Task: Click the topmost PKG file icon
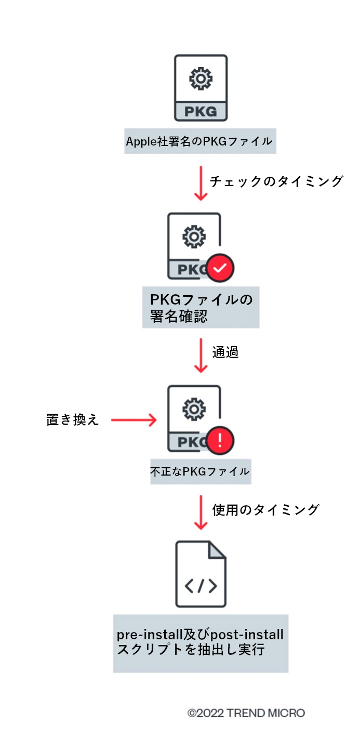click(201, 88)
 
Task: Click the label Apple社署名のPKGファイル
click(200, 141)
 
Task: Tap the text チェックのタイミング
click(276, 181)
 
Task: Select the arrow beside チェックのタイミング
click(201, 182)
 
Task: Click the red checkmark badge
click(220, 268)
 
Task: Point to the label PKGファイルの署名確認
click(201, 308)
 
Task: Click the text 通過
click(225, 352)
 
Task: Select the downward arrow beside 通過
click(201, 354)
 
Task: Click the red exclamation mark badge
click(220, 440)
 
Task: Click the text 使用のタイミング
click(265, 510)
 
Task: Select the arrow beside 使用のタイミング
click(201, 512)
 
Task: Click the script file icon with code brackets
click(201, 574)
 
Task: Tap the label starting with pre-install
click(201, 642)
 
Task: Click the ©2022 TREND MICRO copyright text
click(246, 713)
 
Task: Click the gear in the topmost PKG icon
click(201, 78)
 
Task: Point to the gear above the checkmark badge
click(194, 237)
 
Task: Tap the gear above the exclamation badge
click(194, 410)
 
